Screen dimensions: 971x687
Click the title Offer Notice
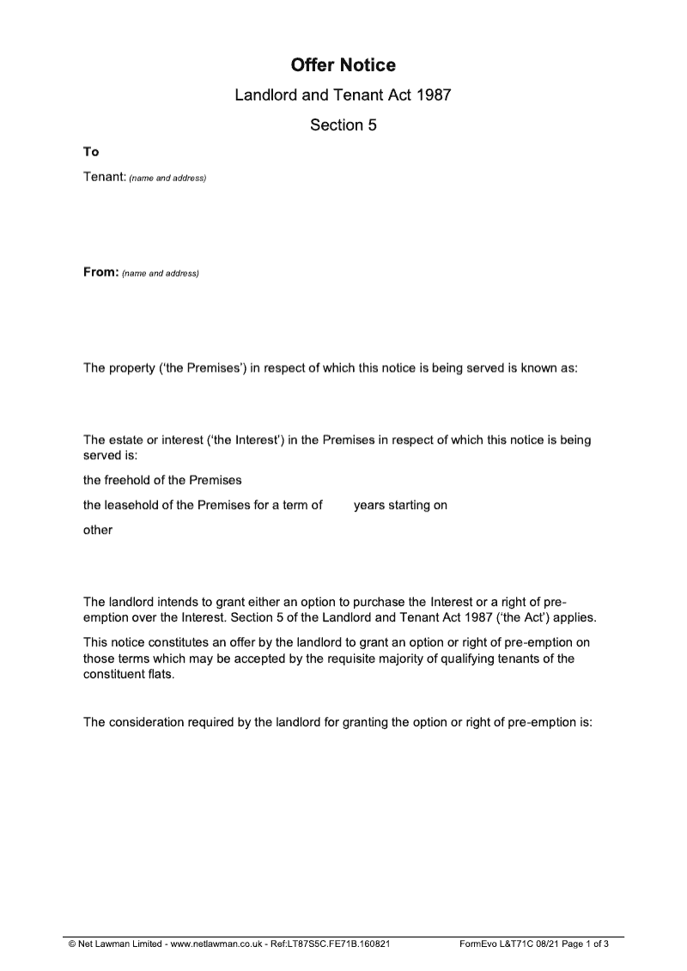[x=343, y=65]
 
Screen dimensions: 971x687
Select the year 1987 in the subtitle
[x=434, y=96]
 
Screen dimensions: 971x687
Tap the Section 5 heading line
[x=343, y=125]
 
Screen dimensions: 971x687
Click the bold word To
[x=91, y=152]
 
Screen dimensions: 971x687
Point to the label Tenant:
[x=104, y=177]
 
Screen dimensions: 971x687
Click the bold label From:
[x=100, y=272]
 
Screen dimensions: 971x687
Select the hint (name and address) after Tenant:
[x=167, y=179]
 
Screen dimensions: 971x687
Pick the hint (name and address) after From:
[x=161, y=274]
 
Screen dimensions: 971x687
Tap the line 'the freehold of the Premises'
[x=162, y=479]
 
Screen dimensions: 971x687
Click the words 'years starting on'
[x=400, y=505]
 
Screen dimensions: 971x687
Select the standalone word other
[x=97, y=530]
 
